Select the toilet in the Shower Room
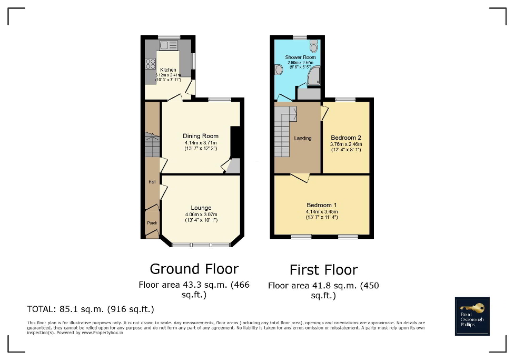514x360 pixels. (314, 47)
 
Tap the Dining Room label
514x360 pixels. (200, 136)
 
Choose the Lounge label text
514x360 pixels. (201, 208)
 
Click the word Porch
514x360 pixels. (152, 223)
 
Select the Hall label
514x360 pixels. (152, 182)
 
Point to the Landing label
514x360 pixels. (303, 138)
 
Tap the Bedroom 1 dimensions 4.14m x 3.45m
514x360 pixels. (320, 211)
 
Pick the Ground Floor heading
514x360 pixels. (194, 269)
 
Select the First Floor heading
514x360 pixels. (323, 270)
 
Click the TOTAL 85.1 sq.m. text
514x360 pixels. (90, 309)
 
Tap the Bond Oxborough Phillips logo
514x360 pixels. (472, 316)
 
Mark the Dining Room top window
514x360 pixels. (220, 99)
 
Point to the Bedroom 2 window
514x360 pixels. (345, 99)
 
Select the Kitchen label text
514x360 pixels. (168, 70)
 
